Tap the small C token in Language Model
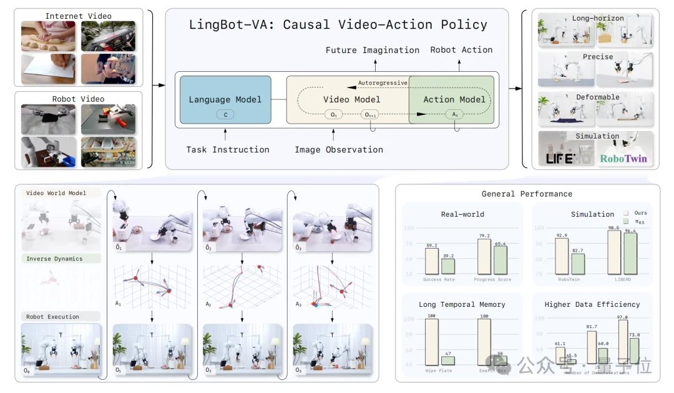coord(225,114)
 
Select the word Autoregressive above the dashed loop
coord(383,82)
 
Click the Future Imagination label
coord(373,50)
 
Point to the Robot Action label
coord(461,49)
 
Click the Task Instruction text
coord(228,149)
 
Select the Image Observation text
coord(339,149)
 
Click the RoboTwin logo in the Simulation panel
coord(623,159)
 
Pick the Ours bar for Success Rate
coord(432,261)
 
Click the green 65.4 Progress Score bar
coord(501,259)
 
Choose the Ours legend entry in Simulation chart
coord(635,213)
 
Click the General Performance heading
coord(527,194)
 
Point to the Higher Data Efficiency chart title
coord(592,304)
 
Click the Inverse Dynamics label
coord(54,259)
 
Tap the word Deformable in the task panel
coord(597,97)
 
